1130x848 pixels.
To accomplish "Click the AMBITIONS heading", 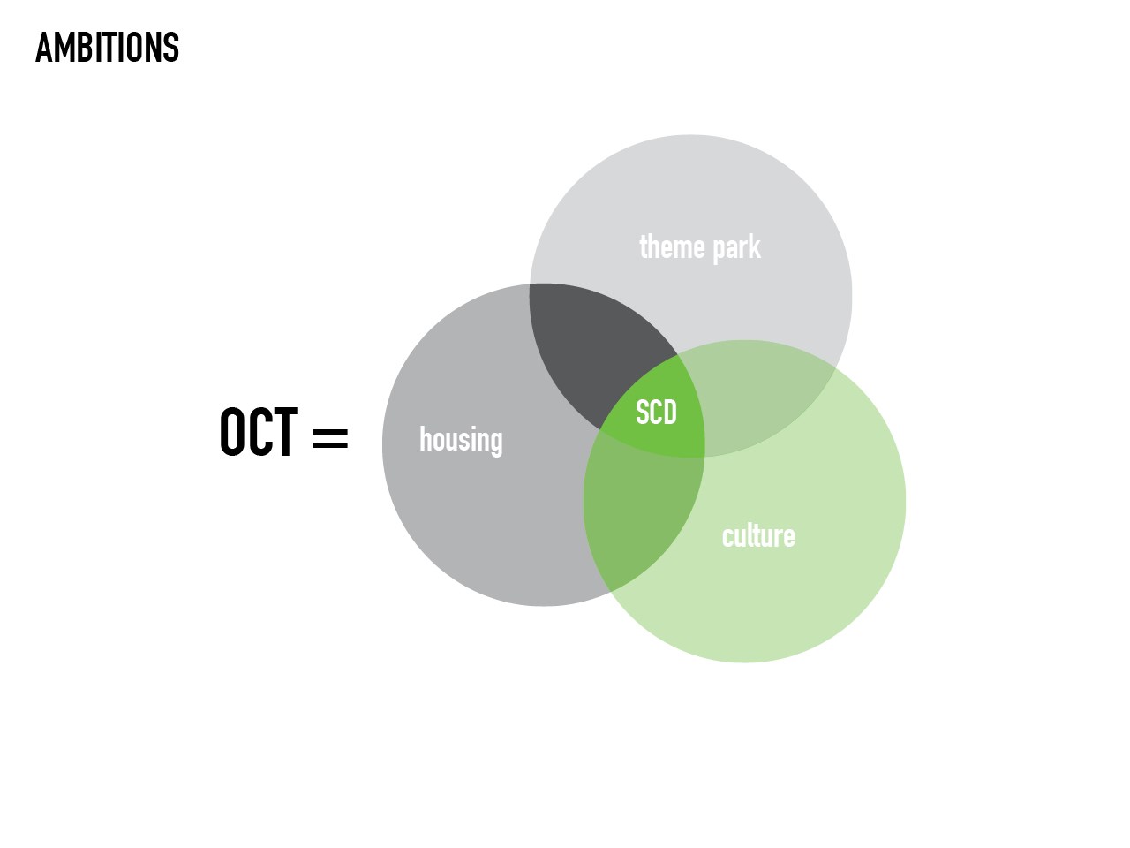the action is click(x=107, y=48).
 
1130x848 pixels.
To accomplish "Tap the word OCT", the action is click(x=259, y=431).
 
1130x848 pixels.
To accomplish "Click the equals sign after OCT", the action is click(x=330, y=437).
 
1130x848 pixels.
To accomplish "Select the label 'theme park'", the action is click(x=699, y=247).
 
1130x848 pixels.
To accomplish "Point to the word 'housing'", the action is click(x=461, y=440).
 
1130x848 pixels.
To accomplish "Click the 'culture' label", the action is click(x=758, y=535).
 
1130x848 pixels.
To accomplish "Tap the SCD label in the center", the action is click(x=656, y=413).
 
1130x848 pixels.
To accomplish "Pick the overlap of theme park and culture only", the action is click(x=757, y=402).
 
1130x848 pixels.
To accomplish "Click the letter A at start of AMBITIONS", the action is click(x=44, y=48).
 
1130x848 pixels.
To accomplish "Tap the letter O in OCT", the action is click(x=233, y=431).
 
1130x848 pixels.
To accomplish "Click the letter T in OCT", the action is click(x=284, y=431).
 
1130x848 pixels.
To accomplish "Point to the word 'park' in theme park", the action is click(x=736, y=249).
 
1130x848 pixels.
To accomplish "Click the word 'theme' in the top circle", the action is click(x=673, y=246).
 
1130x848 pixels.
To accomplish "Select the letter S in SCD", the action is click(x=642, y=413).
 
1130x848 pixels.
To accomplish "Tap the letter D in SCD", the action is click(x=670, y=413).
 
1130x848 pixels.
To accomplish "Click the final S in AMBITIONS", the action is click(x=171, y=48).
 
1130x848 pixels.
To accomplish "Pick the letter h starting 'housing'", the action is click(x=426, y=439).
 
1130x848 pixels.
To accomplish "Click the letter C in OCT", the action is click(x=260, y=431).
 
